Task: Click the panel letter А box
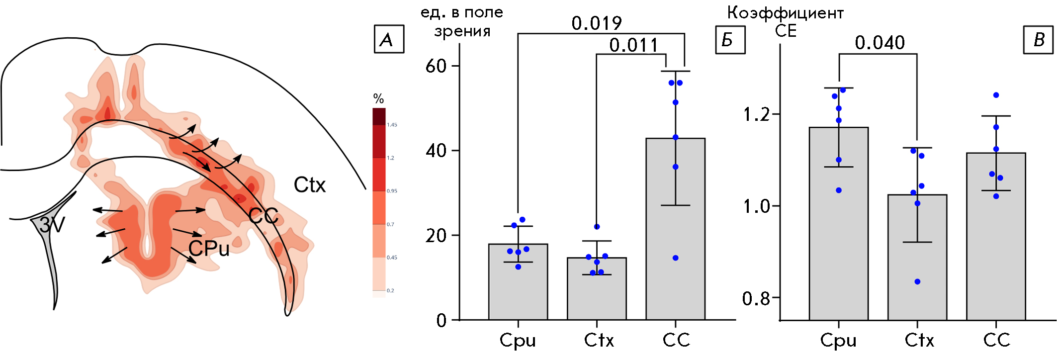click(388, 39)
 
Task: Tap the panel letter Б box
click(730, 39)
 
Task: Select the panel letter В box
click(1038, 39)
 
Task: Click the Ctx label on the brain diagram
click(309, 185)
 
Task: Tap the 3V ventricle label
click(52, 225)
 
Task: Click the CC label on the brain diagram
click(263, 216)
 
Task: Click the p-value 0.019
click(597, 23)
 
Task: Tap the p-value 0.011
click(634, 45)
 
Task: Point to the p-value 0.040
click(880, 43)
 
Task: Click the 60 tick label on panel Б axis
click(436, 66)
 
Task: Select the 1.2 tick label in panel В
click(756, 115)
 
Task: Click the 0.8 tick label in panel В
click(756, 298)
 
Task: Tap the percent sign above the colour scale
click(378, 98)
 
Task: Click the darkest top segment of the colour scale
click(379, 116)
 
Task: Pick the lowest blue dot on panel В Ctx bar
click(917, 282)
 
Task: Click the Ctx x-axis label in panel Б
click(599, 340)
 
